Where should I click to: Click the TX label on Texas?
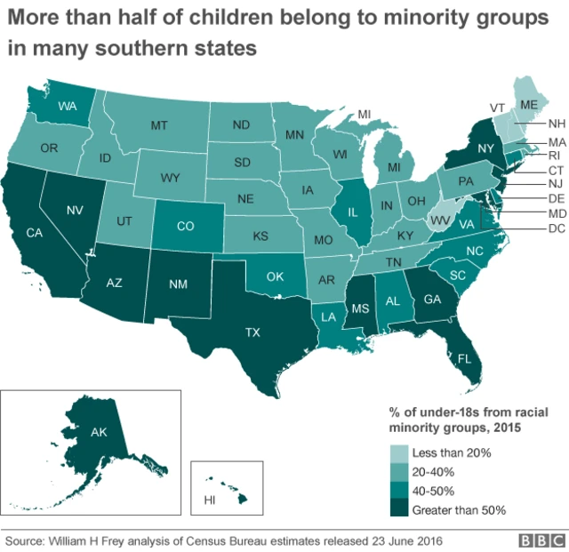tap(252, 332)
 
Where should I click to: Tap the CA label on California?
tap(35, 234)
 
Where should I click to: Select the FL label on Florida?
tap(464, 360)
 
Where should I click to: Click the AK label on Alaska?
tap(100, 433)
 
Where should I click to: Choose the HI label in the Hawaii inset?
tap(210, 500)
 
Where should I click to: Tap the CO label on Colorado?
tap(185, 226)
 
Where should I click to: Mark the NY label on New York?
tap(485, 148)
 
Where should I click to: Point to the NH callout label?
tap(557, 124)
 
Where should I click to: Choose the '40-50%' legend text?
tap(437, 492)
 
